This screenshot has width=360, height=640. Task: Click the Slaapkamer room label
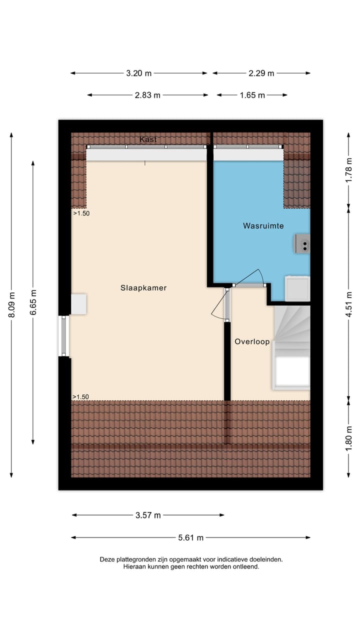point(143,288)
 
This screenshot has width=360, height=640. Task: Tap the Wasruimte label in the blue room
point(263,226)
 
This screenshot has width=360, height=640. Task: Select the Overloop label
point(252,342)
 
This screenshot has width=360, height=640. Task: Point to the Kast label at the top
point(148,139)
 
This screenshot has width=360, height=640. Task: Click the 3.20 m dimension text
point(138,73)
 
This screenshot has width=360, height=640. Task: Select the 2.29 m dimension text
point(261,73)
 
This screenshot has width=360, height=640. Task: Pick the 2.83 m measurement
point(147,95)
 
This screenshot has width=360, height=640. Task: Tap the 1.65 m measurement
point(252,95)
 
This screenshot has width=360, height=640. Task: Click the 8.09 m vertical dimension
point(11,304)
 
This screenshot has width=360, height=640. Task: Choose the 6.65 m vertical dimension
point(33,302)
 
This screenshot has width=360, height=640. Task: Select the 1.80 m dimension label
point(349,436)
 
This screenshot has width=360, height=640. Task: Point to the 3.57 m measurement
point(148,515)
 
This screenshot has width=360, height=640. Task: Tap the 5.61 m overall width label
point(190,538)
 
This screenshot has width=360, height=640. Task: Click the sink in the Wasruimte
point(302,244)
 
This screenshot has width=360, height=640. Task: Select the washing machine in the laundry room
point(297,289)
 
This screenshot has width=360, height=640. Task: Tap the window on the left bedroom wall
point(64,335)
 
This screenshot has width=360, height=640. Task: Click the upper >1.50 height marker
point(81,213)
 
